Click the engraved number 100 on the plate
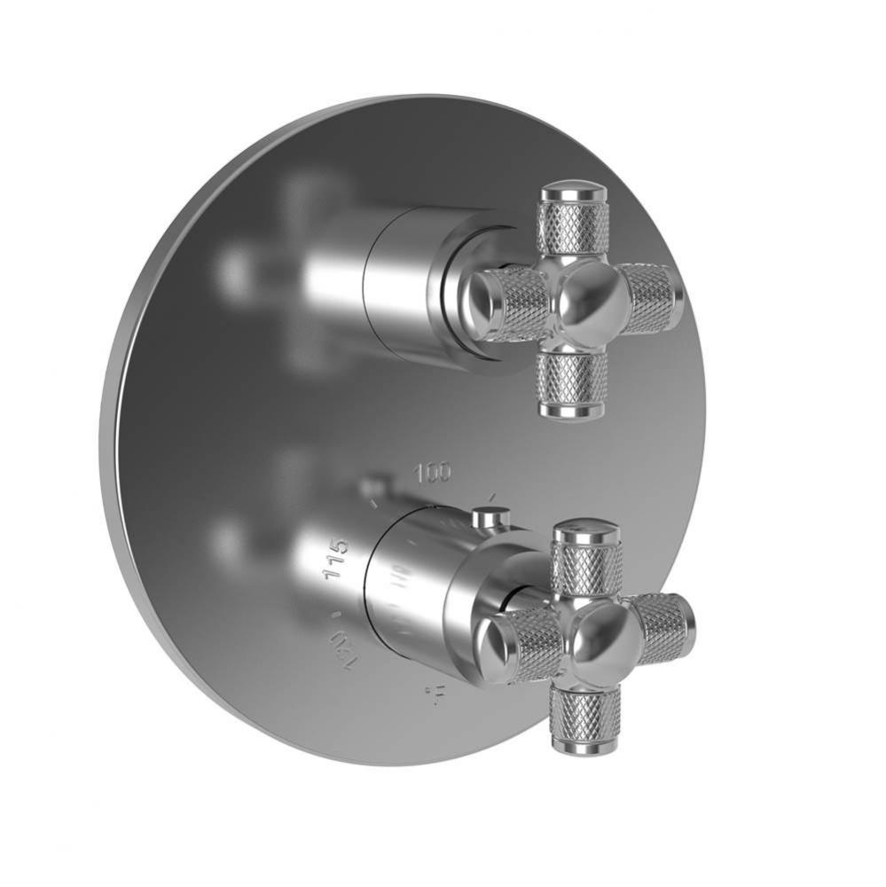[x=433, y=472]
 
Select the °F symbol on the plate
[x=435, y=696]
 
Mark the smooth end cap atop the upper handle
[x=573, y=191]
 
